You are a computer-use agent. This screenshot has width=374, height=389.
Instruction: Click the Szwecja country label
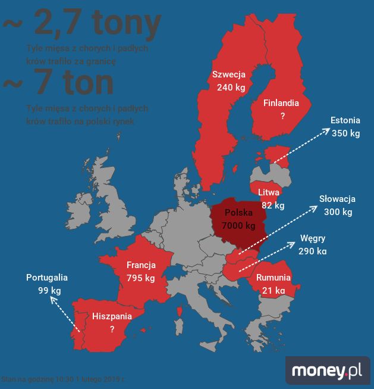pyautogui.click(x=229, y=74)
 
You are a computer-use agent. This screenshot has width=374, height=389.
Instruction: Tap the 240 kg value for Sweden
pyautogui.click(x=231, y=87)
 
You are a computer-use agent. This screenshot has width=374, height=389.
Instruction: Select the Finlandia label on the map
pyautogui.click(x=282, y=102)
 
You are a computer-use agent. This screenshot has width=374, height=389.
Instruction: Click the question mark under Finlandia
pyautogui.click(x=282, y=116)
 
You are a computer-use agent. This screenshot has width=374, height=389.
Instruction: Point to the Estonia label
pyautogui.click(x=345, y=121)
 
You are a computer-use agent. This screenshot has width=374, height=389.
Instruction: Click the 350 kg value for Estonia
pyautogui.click(x=345, y=133)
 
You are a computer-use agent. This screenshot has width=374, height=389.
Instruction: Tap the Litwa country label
pyautogui.click(x=269, y=192)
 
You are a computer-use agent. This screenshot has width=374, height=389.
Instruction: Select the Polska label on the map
pyautogui.click(x=238, y=213)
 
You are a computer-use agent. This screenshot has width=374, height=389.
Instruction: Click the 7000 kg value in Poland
pyautogui.click(x=238, y=226)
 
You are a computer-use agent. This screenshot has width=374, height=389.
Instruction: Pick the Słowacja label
pyautogui.click(x=337, y=199)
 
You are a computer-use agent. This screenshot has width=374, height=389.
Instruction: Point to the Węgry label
pyautogui.click(x=313, y=238)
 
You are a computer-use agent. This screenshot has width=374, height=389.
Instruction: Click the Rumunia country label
pyautogui.click(x=274, y=278)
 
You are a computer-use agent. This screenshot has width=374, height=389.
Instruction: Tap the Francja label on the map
pyautogui.click(x=141, y=265)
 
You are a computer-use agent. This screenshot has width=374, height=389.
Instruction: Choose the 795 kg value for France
pyautogui.click(x=141, y=278)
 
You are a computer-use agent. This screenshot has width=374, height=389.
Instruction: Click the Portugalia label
pyautogui.click(x=47, y=278)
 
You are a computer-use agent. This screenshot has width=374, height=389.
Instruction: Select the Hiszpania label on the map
pyautogui.click(x=112, y=316)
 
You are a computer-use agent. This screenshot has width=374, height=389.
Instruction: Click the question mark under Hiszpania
pyautogui.click(x=112, y=329)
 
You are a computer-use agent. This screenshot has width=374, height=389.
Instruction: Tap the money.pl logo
pyautogui.click(x=327, y=371)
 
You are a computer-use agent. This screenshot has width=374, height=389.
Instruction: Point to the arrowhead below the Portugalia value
pyautogui.click(x=52, y=301)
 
